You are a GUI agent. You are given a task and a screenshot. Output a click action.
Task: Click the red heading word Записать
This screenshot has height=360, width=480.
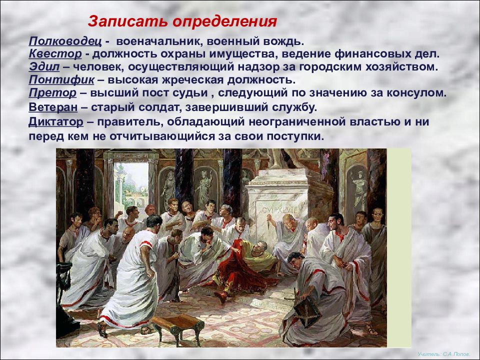(127, 21)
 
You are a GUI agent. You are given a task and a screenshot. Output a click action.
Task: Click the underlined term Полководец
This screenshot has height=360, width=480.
(65, 41)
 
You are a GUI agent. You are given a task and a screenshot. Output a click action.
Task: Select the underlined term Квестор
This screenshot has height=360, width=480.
(55, 54)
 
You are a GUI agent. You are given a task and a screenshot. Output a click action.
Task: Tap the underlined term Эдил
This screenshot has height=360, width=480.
(44, 66)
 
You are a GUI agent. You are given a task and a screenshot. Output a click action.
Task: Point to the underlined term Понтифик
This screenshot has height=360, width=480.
(61, 80)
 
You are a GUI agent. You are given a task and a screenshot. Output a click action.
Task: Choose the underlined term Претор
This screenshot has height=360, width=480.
(52, 93)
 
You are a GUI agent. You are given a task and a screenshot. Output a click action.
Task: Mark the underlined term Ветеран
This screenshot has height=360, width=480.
(53, 107)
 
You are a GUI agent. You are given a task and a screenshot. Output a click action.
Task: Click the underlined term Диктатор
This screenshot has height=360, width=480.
(55, 121)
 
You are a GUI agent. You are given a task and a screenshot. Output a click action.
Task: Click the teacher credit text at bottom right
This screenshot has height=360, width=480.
(443, 353)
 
